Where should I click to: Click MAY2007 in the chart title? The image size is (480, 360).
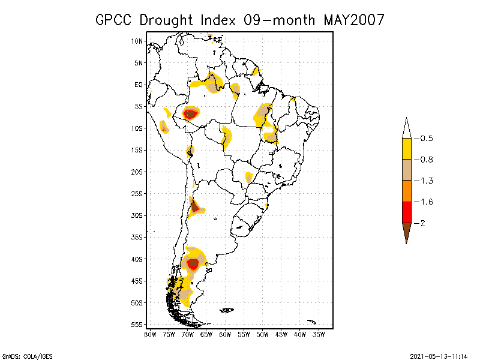point(354,20)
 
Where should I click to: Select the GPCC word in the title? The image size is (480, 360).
point(115,20)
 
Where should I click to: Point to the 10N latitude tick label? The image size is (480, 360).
point(137,41)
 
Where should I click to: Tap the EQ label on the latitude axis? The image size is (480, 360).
point(139,85)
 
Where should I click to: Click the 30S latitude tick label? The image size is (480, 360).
point(137,215)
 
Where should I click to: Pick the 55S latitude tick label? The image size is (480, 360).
point(137,325)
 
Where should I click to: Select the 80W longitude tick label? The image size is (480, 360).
point(150,334)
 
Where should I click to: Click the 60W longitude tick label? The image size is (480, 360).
point(225,334)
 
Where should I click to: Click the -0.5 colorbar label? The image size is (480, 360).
point(425,139)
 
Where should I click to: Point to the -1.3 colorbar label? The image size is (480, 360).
point(425,181)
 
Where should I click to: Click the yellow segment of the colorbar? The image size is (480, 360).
point(406,149)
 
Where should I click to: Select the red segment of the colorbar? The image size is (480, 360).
point(406,212)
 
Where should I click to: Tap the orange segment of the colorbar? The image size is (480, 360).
point(406,191)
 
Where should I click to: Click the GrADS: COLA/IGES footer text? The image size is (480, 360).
point(22,356)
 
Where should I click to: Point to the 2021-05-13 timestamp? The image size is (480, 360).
point(439,356)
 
